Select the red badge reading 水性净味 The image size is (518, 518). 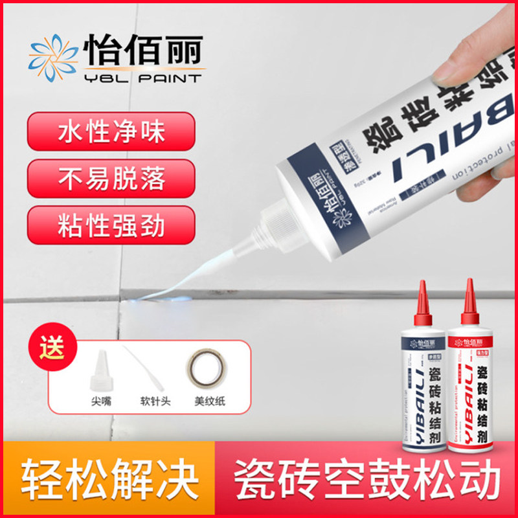pos(111,132)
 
